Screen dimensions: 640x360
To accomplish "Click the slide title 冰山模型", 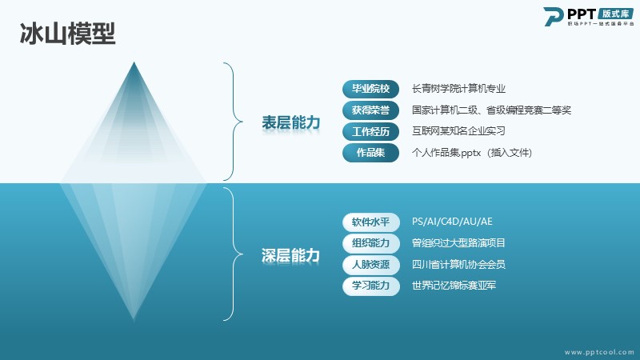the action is pos(68,34).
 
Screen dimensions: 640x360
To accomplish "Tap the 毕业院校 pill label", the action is pos(370,89).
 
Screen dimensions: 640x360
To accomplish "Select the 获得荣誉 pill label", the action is pos(370,110).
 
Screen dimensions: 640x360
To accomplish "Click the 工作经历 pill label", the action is pos(370,131).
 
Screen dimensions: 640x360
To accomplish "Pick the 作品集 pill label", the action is pos(370,153).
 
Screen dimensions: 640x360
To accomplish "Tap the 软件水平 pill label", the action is pos(370,222).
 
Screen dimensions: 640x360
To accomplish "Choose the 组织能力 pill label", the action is pos(370,243).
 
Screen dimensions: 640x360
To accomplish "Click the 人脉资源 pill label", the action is pos(370,265).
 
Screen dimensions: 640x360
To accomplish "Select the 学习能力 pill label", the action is pos(370,286).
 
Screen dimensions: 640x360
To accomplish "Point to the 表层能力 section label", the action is pos(290,122).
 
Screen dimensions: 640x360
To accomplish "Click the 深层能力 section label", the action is pos(290,255).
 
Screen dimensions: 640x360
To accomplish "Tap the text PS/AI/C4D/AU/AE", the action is pos(452,222).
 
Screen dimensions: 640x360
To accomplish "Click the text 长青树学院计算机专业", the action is pos(458,89).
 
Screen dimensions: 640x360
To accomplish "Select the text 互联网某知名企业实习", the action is pos(458,131).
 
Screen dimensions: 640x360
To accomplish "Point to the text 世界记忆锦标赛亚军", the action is pos(454,286).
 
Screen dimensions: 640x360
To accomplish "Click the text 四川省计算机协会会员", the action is pos(458,264).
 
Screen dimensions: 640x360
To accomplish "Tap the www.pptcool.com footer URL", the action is pos(599,352).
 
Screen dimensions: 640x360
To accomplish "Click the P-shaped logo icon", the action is pos(553,17).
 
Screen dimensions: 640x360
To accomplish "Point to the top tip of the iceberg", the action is pos(134,62).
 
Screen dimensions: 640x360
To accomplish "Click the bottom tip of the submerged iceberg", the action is pos(134,319).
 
